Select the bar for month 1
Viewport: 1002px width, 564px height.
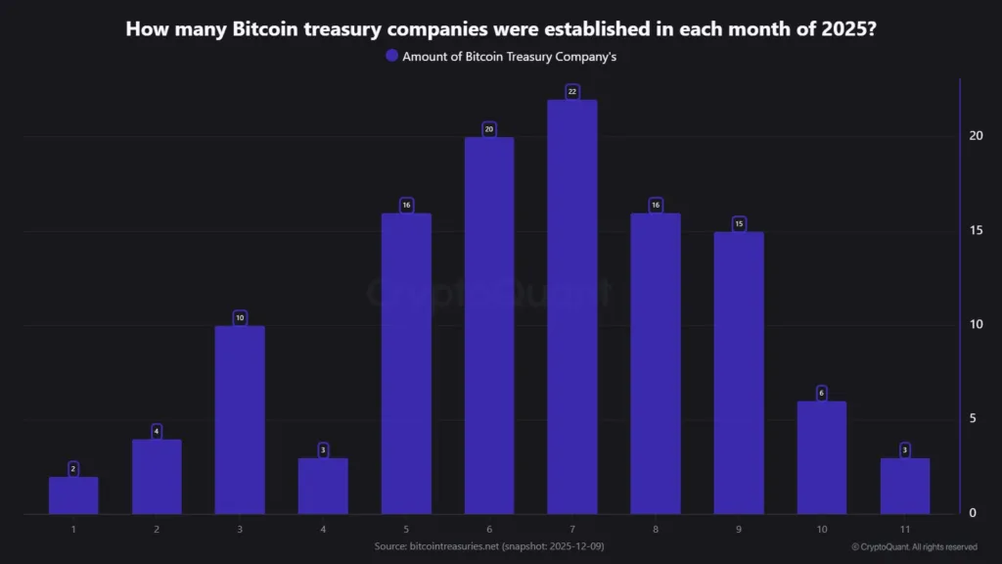pyautogui.click(x=73, y=495)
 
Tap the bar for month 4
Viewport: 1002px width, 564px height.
pyautogui.click(x=323, y=486)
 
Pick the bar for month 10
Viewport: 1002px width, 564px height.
pyautogui.click(x=822, y=457)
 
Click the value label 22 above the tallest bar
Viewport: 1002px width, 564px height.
pyautogui.click(x=572, y=91)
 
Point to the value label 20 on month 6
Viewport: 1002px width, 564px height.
pyautogui.click(x=489, y=129)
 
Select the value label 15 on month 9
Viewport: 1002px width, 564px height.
pyautogui.click(x=739, y=224)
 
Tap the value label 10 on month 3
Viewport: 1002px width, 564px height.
pyautogui.click(x=240, y=318)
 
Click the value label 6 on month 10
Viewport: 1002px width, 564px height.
pyautogui.click(x=822, y=393)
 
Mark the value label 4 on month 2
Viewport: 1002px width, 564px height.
pyautogui.click(x=157, y=431)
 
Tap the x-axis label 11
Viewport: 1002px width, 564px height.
pyautogui.click(x=905, y=529)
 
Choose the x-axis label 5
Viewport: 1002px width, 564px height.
pyautogui.click(x=406, y=529)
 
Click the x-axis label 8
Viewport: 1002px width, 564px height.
pyautogui.click(x=656, y=529)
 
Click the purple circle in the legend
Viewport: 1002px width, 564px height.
pyautogui.click(x=391, y=56)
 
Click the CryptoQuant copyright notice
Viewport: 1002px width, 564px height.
pyautogui.click(x=914, y=546)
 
